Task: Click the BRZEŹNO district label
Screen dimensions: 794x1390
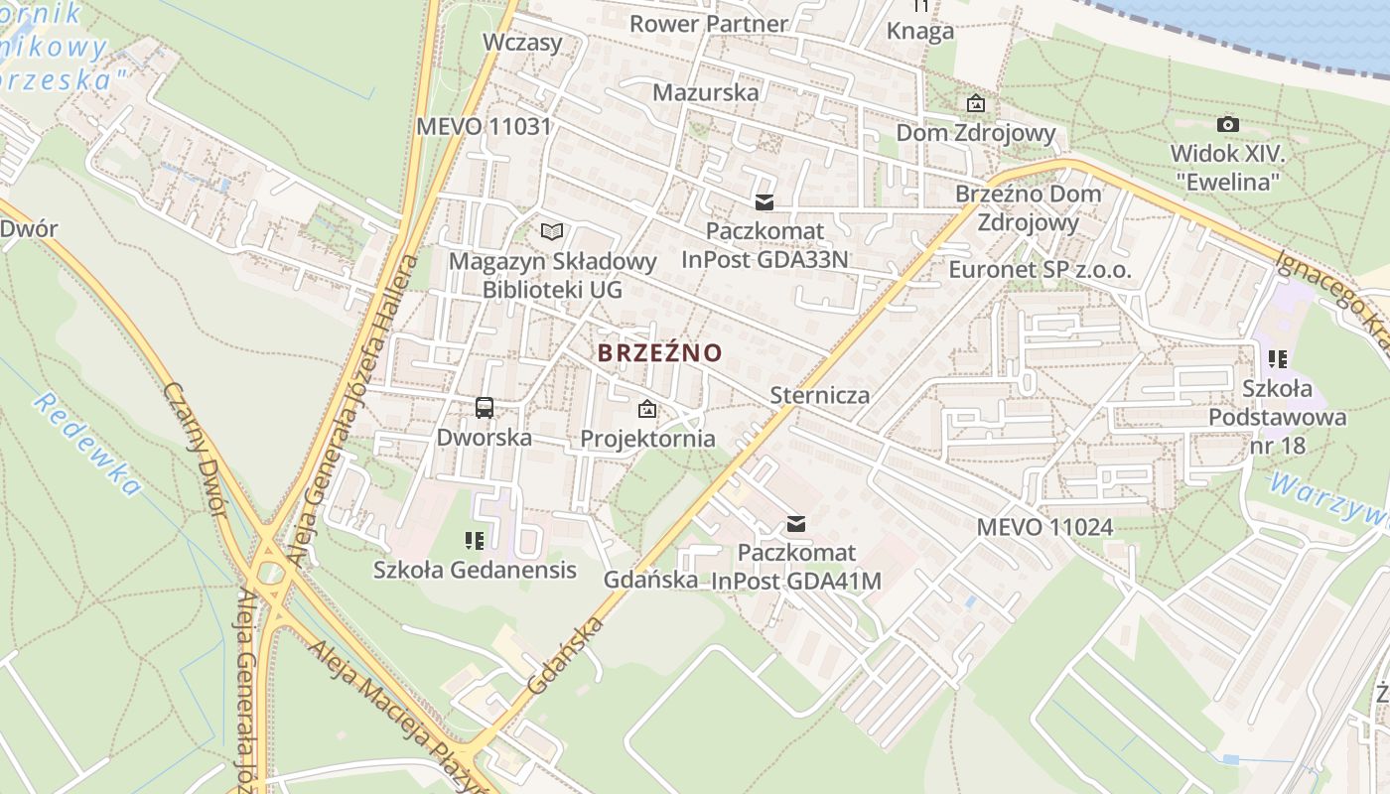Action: tap(659, 352)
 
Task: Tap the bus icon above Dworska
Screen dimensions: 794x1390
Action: tap(485, 407)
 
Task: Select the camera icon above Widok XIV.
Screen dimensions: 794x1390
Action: tap(1228, 124)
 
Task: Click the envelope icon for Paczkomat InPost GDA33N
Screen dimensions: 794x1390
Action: tap(764, 202)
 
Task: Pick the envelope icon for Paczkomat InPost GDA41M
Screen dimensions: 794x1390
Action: tap(795, 524)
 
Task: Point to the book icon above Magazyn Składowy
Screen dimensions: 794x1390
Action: tap(552, 232)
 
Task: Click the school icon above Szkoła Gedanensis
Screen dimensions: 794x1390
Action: tap(475, 541)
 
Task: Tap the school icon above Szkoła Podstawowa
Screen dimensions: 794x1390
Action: tap(1278, 359)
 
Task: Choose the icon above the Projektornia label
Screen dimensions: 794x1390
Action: tap(647, 408)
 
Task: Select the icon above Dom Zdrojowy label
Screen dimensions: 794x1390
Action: tap(976, 103)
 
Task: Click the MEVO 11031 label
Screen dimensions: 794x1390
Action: tap(484, 127)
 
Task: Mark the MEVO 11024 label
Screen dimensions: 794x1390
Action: tap(1044, 527)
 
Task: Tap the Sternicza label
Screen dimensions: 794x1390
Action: tap(820, 395)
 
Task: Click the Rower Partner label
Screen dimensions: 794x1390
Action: tap(709, 23)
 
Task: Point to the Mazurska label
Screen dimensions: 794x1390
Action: tap(705, 92)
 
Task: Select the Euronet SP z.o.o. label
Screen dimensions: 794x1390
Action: tap(1040, 270)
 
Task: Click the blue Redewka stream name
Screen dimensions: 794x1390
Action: tap(87, 443)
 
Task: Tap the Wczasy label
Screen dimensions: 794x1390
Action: tap(522, 43)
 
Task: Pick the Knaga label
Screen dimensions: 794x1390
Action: tap(920, 31)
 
